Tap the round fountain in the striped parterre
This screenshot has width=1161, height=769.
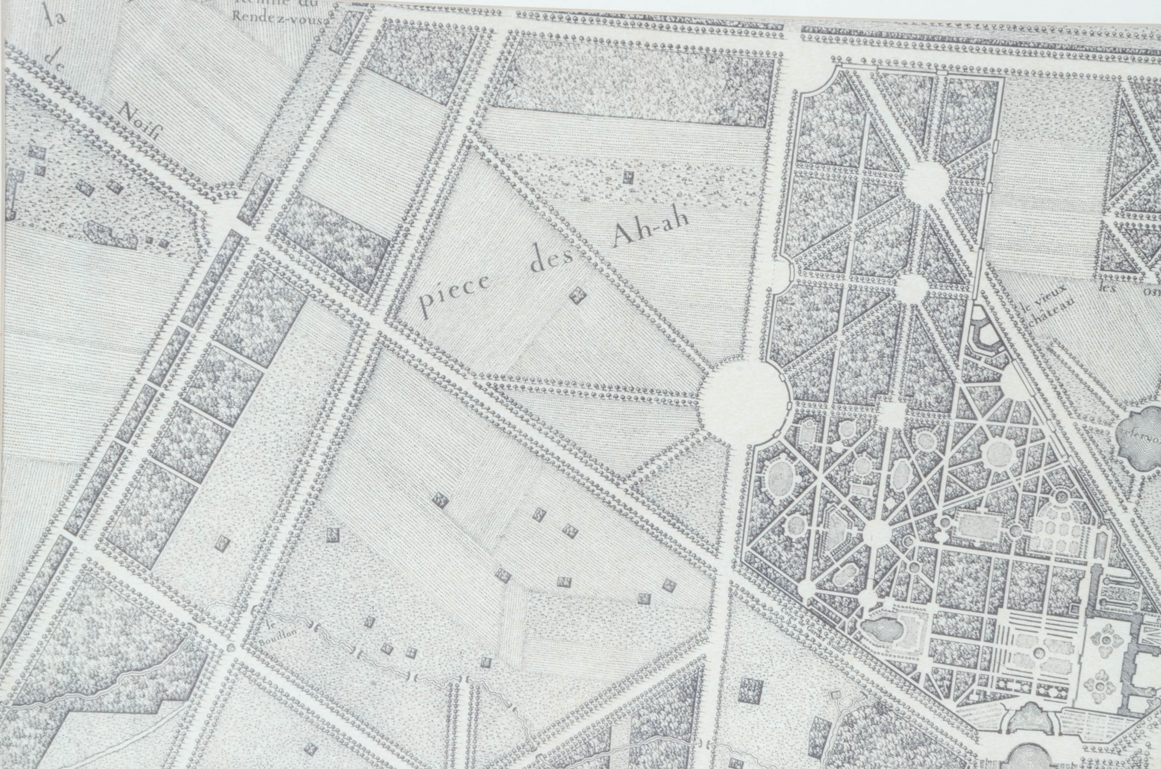(x=1038, y=653)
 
